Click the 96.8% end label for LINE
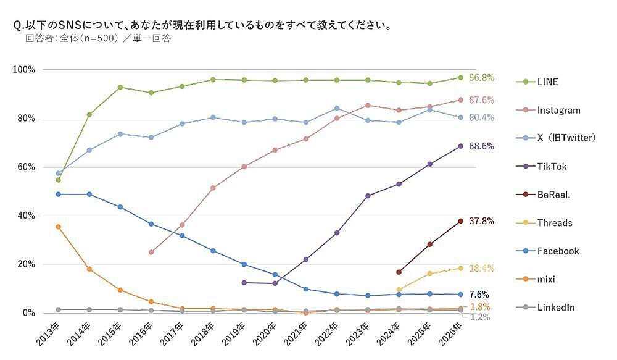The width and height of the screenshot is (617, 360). click(481, 78)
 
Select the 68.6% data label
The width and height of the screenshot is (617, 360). click(481, 146)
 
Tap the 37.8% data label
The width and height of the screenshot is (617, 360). click(481, 221)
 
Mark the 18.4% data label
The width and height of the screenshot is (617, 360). click(481, 268)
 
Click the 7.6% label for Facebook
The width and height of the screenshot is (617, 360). click(479, 295)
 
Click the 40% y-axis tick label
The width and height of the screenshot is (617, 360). click(27, 216)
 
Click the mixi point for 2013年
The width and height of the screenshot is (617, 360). click(58, 227)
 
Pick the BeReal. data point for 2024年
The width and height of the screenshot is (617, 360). click(399, 272)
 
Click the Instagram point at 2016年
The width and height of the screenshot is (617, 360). click(151, 252)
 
